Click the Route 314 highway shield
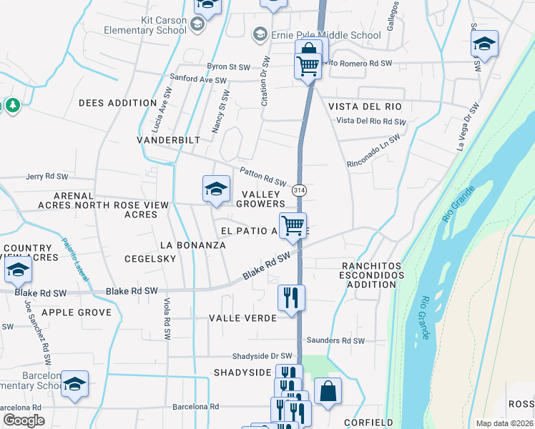298,189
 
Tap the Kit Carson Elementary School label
146,25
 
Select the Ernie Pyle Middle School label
326,35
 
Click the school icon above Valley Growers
216,189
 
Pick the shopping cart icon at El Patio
293,226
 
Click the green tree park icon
12,106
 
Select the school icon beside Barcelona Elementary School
74,385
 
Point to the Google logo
24,420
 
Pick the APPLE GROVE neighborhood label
77,312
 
